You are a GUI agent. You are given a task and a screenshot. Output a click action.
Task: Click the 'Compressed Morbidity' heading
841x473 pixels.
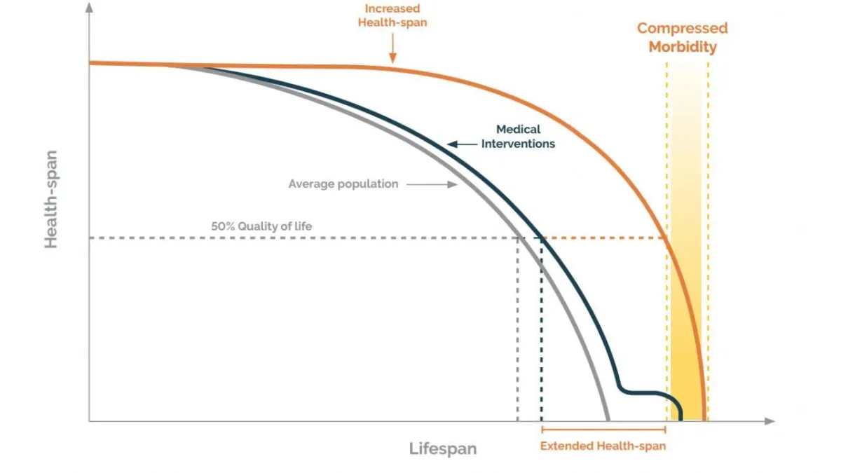pos(682,38)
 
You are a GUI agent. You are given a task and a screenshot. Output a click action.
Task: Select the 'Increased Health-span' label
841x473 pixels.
pos(392,15)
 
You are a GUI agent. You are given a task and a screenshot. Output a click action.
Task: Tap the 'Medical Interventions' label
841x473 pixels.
pos(518,137)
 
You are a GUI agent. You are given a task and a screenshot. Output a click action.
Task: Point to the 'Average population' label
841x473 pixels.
pos(343,184)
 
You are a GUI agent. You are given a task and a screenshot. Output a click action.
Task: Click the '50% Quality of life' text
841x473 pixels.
pos(261,226)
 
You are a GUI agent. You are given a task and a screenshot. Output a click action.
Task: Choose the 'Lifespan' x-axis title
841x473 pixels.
pos(442,449)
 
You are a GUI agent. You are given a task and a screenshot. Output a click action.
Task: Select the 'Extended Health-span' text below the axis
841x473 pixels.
pos(603,446)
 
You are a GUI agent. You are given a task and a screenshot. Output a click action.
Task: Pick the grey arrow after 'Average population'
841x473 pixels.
pos(431,184)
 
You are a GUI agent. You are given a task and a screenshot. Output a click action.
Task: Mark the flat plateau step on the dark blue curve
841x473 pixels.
pos(641,392)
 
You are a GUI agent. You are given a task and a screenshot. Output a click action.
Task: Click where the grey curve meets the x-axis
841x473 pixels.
pos(608,419)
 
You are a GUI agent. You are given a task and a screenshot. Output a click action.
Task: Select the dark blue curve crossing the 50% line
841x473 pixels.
pos(541,238)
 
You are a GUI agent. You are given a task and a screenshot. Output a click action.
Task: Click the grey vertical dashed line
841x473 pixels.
pos(517,329)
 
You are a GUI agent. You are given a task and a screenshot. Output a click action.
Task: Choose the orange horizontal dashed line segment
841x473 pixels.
pos(603,238)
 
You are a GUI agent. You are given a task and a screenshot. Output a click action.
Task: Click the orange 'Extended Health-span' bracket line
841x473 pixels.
pos(603,428)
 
